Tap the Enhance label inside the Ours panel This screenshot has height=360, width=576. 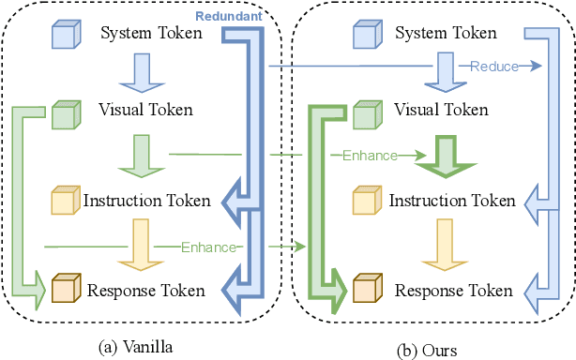pos(370,156)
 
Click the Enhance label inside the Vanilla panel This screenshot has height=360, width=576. pos(206,246)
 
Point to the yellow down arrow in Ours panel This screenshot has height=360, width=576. pos(443,242)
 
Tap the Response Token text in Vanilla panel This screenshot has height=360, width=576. pos(145,291)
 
